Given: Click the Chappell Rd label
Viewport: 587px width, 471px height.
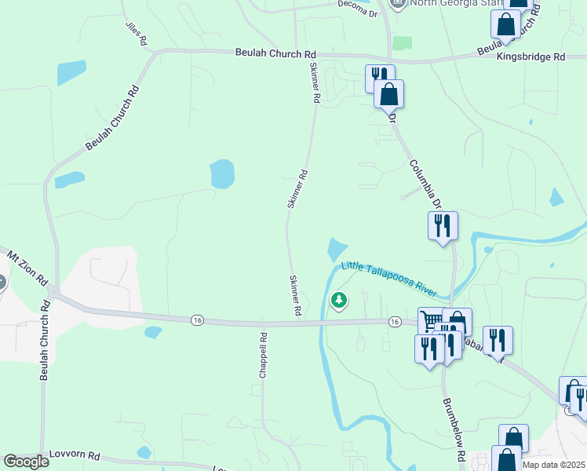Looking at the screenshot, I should pos(264,356).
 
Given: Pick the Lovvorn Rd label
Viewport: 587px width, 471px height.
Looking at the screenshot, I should pos(75,455).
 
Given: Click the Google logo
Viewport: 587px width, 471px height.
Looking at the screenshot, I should pos(26,462).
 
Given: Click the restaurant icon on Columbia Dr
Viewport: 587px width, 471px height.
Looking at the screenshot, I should pos(442,225).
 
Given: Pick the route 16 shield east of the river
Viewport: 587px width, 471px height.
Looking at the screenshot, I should pos(395,322).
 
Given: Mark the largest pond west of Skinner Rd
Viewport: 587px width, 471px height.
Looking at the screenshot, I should pos(222,174).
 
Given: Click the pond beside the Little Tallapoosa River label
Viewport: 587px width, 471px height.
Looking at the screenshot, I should pos(336,250).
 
